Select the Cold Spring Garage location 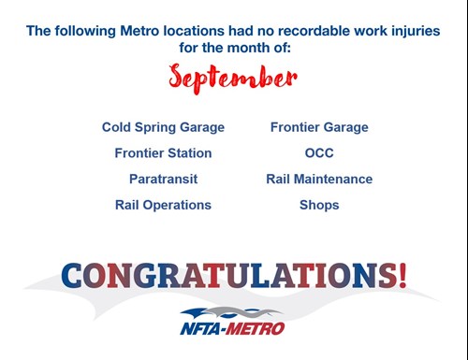pyautogui.click(x=163, y=127)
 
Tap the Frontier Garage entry pyautogui.click(x=319, y=127)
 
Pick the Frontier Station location pyautogui.click(x=163, y=152)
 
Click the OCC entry pyautogui.click(x=319, y=152)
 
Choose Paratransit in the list pyautogui.click(x=163, y=179)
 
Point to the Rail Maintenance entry pyautogui.click(x=319, y=179)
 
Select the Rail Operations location pyautogui.click(x=163, y=204)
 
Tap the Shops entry pyautogui.click(x=319, y=204)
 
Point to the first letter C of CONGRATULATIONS pyautogui.click(x=74, y=275)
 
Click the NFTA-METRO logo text pyautogui.click(x=232, y=327)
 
